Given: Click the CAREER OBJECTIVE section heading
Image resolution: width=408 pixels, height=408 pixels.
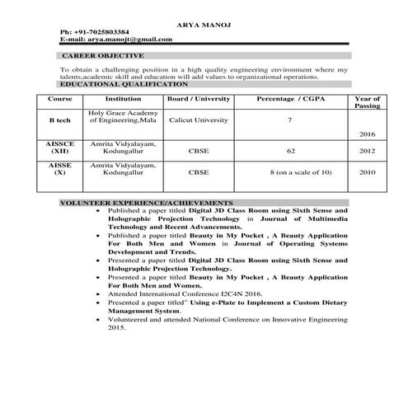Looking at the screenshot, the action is point(102,55).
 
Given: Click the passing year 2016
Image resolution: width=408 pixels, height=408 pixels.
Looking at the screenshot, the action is point(367,134).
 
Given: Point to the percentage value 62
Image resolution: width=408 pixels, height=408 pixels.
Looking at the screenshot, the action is point(291,152).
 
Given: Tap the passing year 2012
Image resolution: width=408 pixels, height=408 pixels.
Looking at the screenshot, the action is point(367,152).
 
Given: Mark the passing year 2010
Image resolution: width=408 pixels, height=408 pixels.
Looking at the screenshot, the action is point(367,173).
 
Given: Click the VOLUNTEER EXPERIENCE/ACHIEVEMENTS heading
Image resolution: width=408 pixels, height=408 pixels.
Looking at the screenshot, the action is point(147,202).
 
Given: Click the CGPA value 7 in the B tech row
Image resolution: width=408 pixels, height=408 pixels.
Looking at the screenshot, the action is point(289,120).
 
